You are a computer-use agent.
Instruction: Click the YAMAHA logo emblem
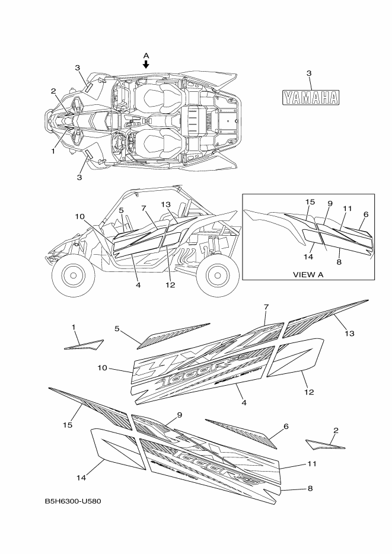[x=310, y=98]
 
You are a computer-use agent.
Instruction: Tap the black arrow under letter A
[x=146, y=64]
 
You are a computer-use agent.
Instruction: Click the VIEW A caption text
[x=308, y=275]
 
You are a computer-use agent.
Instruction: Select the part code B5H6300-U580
[x=73, y=501]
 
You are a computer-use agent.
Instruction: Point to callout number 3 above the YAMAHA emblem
[x=309, y=73]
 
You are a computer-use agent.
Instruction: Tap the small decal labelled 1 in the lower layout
[x=84, y=344]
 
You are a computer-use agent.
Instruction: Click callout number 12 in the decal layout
[x=309, y=392]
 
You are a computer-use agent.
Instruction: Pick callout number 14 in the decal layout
[x=82, y=478]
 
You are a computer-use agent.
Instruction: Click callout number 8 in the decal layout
[x=311, y=488]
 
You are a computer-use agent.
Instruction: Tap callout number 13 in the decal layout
[x=349, y=334]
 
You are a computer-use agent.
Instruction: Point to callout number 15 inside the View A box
[x=310, y=202]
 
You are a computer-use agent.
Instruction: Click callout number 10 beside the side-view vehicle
[x=81, y=217]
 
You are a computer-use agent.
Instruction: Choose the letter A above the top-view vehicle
[x=146, y=55]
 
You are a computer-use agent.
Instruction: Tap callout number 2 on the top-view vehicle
[x=53, y=91]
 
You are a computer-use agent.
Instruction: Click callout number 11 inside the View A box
[x=348, y=209]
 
